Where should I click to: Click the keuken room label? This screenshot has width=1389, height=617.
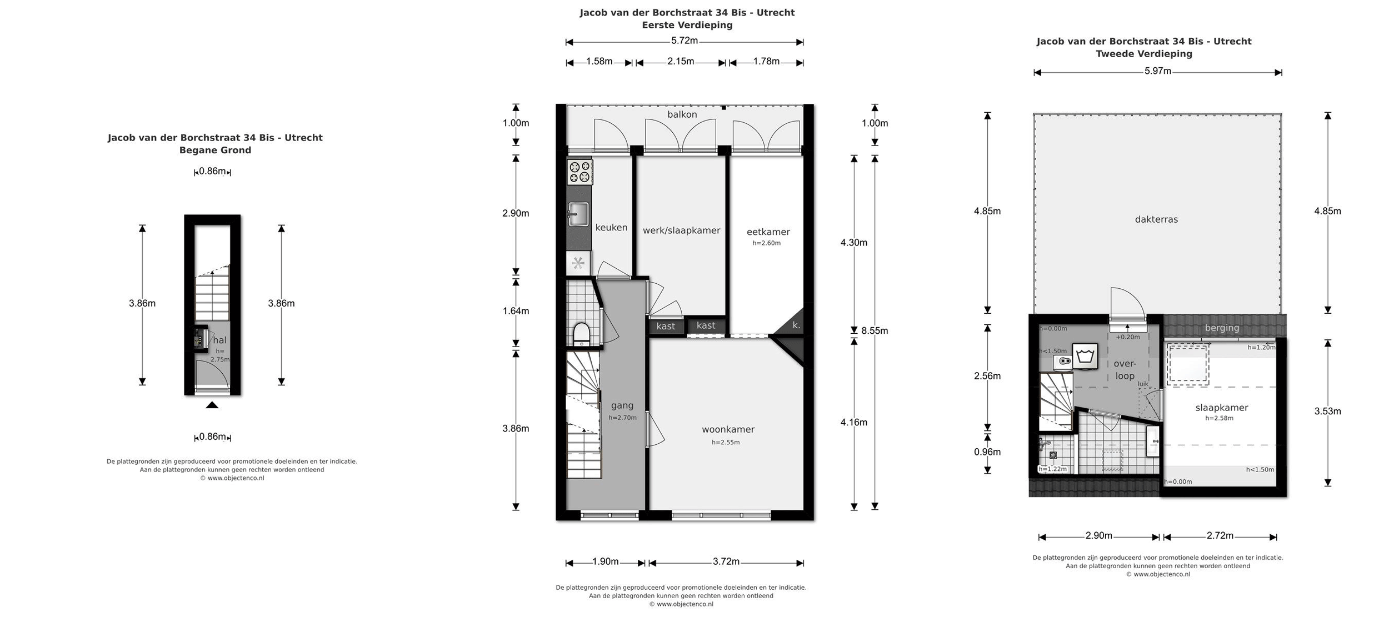(x=611, y=228)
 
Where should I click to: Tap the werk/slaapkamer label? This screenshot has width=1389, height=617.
(x=681, y=230)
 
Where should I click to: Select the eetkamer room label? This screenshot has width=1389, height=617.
(x=768, y=232)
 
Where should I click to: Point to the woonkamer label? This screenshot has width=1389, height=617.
(x=728, y=429)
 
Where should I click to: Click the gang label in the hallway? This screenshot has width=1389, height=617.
(x=622, y=406)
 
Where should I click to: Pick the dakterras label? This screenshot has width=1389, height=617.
(x=1156, y=219)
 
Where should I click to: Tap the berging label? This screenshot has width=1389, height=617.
(x=1222, y=328)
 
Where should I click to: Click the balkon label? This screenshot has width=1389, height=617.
(x=682, y=114)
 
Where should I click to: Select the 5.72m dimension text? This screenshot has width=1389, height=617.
(x=684, y=41)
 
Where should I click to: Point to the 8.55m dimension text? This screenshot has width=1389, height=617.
(x=875, y=331)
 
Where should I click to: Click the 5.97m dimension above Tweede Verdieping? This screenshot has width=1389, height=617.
(x=1158, y=71)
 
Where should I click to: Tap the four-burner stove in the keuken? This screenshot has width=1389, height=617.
(x=579, y=172)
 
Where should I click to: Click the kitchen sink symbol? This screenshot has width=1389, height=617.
(x=578, y=214)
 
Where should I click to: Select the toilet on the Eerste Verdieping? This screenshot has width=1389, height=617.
(x=581, y=334)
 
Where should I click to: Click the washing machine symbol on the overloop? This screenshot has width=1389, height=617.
(x=1085, y=356)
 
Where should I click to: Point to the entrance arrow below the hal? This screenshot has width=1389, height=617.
(x=212, y=405)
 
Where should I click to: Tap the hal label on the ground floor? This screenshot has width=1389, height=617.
(x=220, y=340)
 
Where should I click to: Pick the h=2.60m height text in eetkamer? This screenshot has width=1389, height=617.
(x=767, y=243)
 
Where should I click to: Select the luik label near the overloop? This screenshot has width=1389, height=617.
(x=1143, y=384)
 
